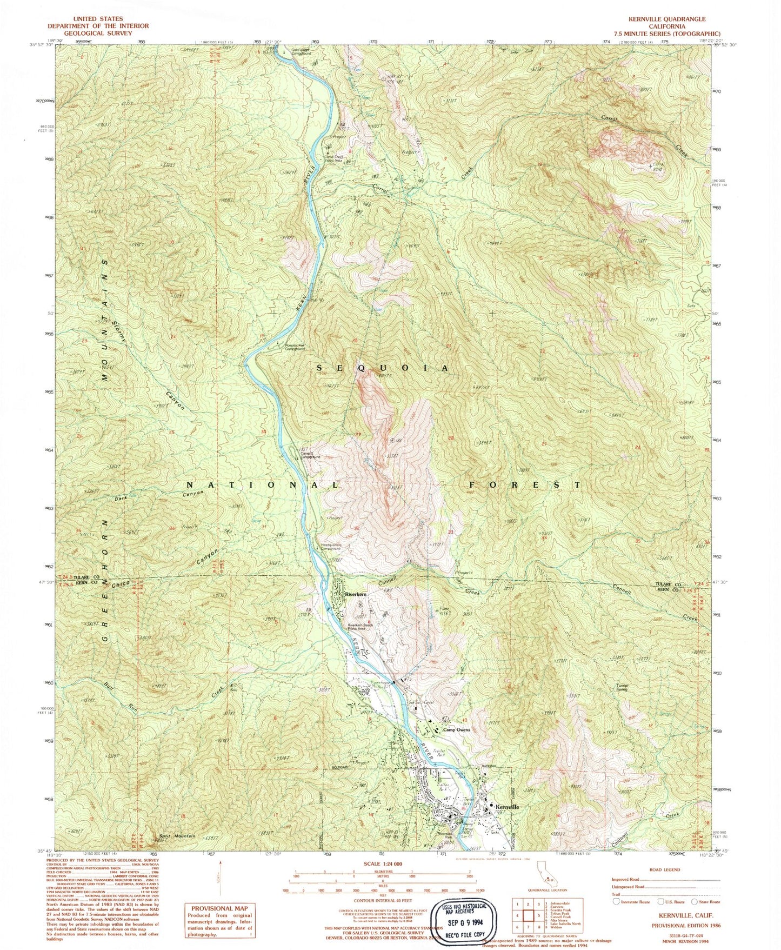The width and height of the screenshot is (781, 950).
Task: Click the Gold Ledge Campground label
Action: point(302,52)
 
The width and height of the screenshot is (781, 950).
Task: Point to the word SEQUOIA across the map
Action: point(382,368)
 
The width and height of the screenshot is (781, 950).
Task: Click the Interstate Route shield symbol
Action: point(616,901)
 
